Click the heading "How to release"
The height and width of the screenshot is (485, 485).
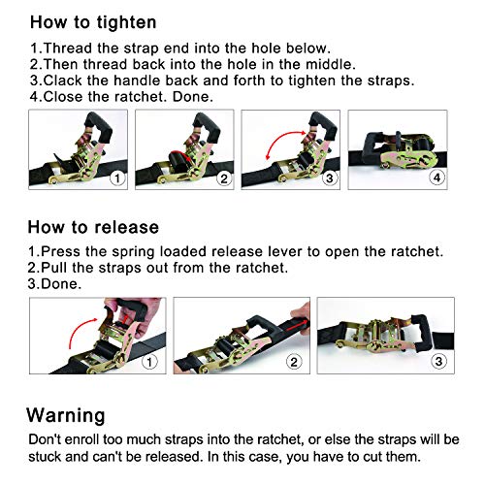click(x=93, y=227)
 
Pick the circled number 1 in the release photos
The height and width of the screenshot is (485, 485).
click(x=149, y=363)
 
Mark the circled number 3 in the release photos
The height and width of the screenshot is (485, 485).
click(x=439, y=363)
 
